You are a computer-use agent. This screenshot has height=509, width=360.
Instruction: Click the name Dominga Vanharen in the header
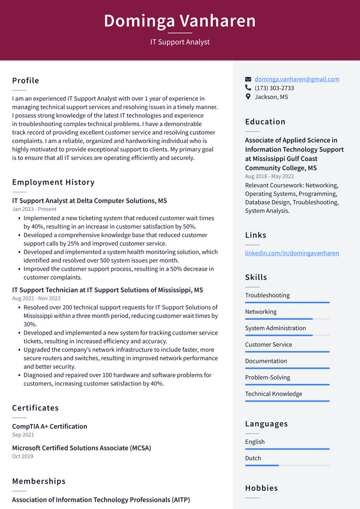click(x=180, y=21)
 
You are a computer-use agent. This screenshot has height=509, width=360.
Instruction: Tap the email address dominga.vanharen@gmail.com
click(x=297, y=79)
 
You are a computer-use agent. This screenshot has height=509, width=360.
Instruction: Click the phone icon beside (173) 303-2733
click(x=248, y=88)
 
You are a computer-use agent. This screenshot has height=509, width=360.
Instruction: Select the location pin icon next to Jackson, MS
click(x=248, y=97)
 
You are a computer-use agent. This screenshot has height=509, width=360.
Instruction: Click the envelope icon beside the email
click(x=248, y=79)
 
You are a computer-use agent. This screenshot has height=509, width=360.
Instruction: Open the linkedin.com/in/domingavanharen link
click(x=292, y=253)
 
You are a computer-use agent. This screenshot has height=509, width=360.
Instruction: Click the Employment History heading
click(x=53, y=182)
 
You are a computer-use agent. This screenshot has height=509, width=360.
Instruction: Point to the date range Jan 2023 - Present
click(x=34, y=209)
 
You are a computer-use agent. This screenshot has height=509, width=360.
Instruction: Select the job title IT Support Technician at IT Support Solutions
click(x=107, y=290)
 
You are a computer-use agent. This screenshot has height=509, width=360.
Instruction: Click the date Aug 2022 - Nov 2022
click(x=36, y=298)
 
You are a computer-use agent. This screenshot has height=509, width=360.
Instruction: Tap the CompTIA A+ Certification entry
click(x=50, y=427)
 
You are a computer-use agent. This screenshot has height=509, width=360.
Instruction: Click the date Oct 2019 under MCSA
click(x=22, y=456)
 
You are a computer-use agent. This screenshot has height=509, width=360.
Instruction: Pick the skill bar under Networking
click(x=287, y=319)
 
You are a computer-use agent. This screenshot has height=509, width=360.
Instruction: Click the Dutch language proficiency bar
click(x=287, y=465)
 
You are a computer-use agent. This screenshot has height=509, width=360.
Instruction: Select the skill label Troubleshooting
click(x=267, y=295)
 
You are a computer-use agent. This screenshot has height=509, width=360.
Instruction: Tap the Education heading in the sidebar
click(x=265, y=122)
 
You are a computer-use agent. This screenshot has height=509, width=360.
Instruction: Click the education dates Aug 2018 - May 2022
click(x=269, y=176)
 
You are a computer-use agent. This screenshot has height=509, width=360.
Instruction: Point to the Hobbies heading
click(x=262, y=488)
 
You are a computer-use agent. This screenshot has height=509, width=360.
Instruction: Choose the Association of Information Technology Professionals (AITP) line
click(x=101, y=500)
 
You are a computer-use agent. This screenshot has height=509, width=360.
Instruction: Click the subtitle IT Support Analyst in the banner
click(x=180, y=42)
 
